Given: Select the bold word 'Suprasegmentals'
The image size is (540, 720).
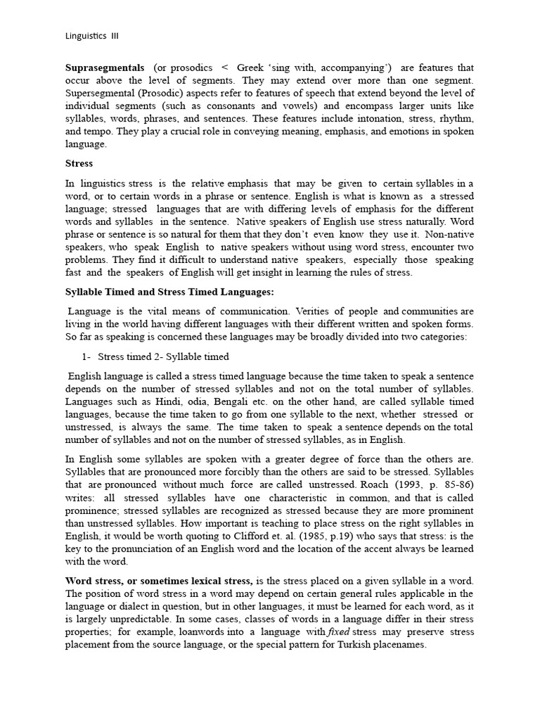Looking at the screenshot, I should [104, 68].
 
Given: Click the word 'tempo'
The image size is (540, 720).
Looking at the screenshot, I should [96, 131].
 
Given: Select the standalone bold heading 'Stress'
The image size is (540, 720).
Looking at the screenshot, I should [79, 163].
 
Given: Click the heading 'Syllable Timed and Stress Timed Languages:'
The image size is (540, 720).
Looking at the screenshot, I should [169, 292].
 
